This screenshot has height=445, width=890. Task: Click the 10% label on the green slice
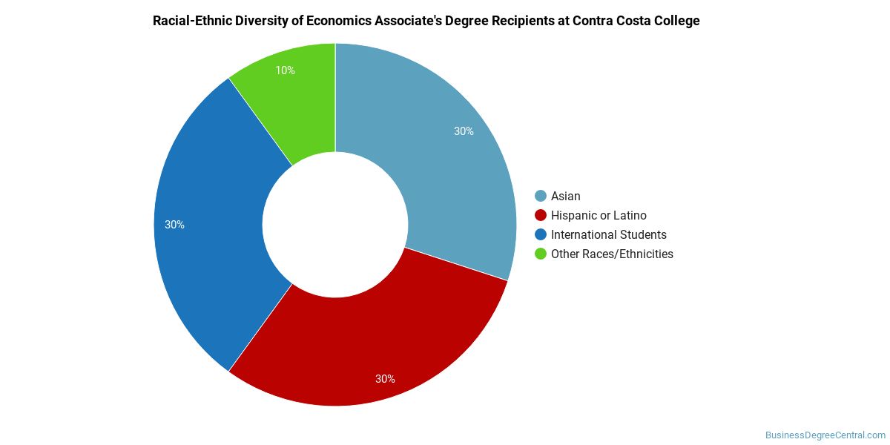point(285,70)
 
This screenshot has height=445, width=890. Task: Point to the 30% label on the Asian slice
point(464,131)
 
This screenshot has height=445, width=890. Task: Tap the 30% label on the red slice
point(385,379)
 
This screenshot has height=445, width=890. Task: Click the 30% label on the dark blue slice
point(174,225)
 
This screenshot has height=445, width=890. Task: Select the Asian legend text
point(565,196)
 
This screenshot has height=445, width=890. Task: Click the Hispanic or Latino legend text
point(599,215)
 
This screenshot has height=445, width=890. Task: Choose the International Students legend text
point(608,234)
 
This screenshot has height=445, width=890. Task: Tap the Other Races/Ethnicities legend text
point(612,254)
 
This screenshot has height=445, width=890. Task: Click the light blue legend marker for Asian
point(541,196)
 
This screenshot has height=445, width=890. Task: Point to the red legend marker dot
point(541,215)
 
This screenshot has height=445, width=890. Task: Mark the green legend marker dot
point(541,254)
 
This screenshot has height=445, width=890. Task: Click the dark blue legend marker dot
point(541,234)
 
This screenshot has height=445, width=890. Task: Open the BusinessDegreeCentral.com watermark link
point(825,435)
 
